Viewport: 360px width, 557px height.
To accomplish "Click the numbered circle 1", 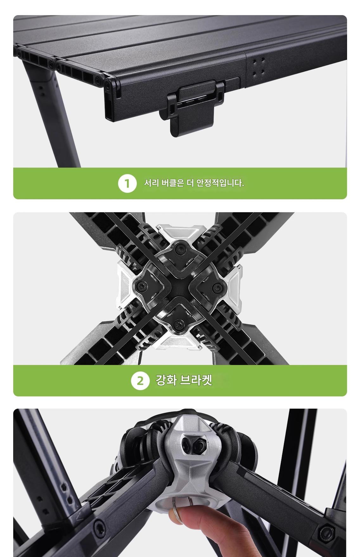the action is [127, 183].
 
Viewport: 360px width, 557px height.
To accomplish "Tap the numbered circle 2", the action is [140, 381].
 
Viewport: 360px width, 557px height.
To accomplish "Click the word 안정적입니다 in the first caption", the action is [220, 183].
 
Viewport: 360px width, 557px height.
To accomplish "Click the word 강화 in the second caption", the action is [166, 380].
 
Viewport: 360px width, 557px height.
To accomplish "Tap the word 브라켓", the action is [196, 380].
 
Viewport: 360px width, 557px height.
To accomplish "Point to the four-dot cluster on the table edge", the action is [258, 67].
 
